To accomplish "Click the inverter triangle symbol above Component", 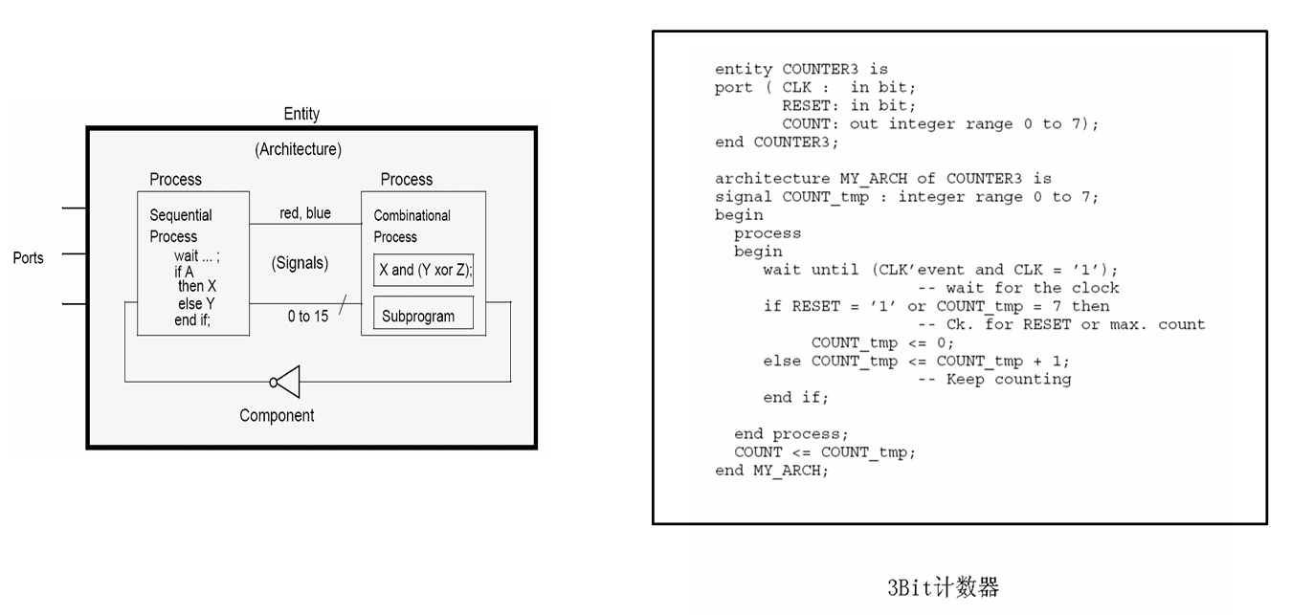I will (x=288, y=382).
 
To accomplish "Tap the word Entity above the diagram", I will (x=301, y=114).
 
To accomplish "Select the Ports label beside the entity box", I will (x=29, y=257).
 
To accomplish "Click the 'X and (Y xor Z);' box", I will (x=424, y=271).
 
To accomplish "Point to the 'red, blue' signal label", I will (x=305, y=213).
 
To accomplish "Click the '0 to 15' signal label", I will (x=308, y=316).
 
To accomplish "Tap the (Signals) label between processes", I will (x=300, y=263).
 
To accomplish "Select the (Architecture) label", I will (x=298, y=149).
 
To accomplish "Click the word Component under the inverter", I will (x=277, y=416).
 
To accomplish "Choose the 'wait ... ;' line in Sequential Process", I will (x=196, y=256).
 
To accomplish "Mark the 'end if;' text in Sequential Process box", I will (x=192, y=320).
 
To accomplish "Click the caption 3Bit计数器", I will (x=943, y=587).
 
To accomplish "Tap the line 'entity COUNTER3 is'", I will (x=801, y=69).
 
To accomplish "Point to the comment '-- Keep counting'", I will (x=994, y=380).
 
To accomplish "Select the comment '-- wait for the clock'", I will (x=1018, y=288).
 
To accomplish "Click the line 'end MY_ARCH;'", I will (x=771, y=471).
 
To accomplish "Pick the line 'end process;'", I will (x=790, y=434).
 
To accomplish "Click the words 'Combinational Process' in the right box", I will (x=412, y=226).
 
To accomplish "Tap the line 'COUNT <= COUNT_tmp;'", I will (x=824, y=452).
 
